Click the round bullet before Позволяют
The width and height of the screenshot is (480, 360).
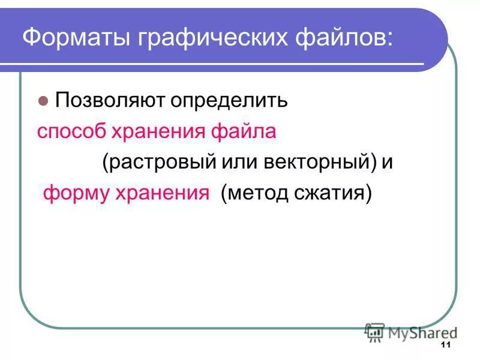click(x=43, y=100)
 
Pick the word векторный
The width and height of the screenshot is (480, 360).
click(x=312, y=163)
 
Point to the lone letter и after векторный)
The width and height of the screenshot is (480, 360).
click(x=388, y=163)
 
